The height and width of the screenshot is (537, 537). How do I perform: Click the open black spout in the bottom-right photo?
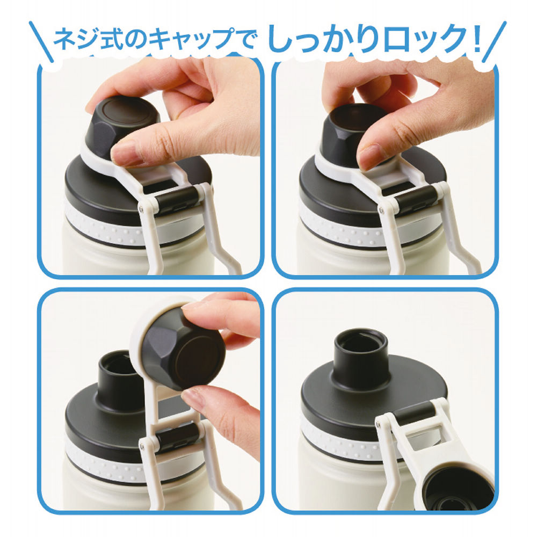coord(362,355)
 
